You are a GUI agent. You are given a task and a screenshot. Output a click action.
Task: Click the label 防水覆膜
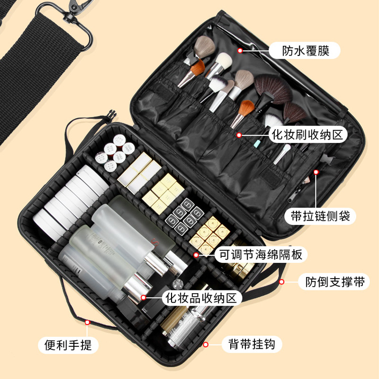(x=305, y=49)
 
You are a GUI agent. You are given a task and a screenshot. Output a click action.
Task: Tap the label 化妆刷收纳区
(x=306, y=135)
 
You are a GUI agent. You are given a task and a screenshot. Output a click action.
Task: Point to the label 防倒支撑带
(x=333, y=282)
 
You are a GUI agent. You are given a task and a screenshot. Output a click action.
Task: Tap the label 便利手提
(x=69, y=344)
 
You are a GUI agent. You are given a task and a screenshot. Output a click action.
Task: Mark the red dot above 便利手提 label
(x=87, y=322)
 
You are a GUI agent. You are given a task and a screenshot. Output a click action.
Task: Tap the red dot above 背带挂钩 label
(x=206, y=344)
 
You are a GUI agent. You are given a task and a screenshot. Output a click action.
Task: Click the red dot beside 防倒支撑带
(x=281, y=282)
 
